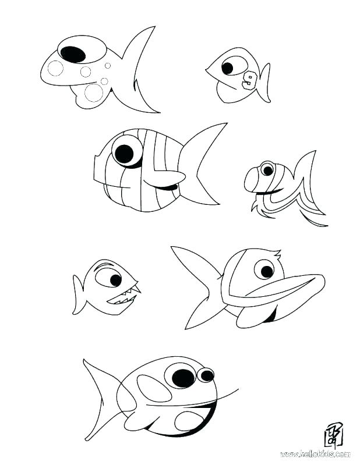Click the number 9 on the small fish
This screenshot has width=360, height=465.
click(x=250, y=80)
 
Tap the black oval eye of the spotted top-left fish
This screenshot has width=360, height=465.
click(x=73, y=54)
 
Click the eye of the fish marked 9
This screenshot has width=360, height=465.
click(x=227, y=68)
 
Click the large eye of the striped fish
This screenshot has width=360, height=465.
click(x=124, y=154)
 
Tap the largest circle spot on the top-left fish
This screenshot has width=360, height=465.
click(x=93, y=92)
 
